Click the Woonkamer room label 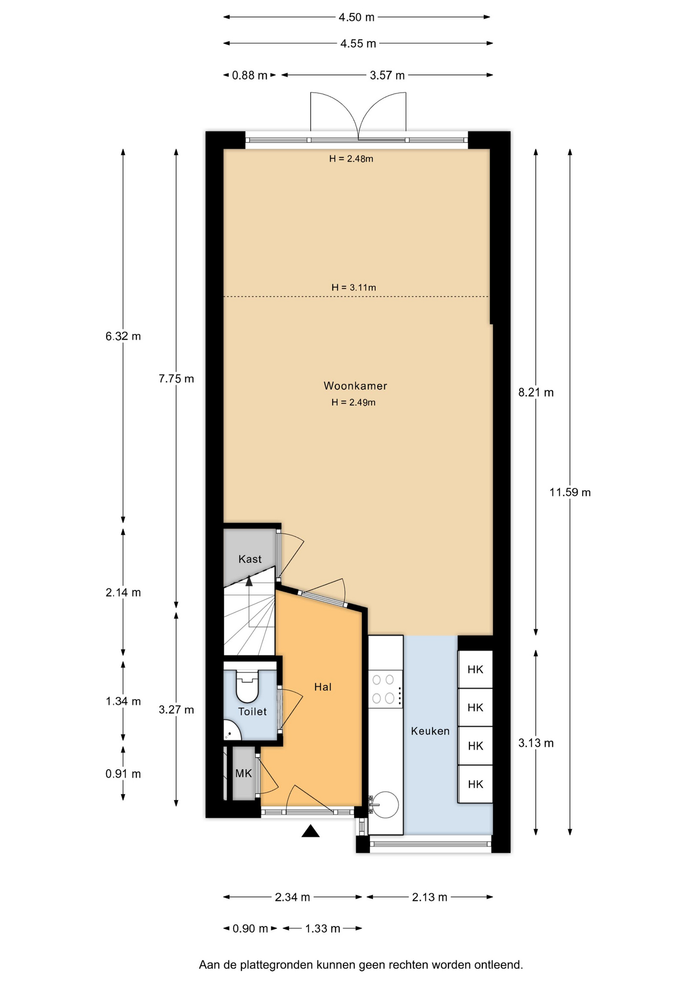[355, 385]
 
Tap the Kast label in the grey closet [250, 559]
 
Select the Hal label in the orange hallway [323, 687]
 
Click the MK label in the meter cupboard [243, 773]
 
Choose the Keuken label [430, 731]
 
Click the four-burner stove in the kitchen [385, 689]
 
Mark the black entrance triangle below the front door [311, 831]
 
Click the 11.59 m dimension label [570, 493]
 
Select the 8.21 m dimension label [536, 393]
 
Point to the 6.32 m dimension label [123, 336]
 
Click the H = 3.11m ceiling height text [354, 288]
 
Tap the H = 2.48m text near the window [351, 159]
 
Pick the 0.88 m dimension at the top [250, 75]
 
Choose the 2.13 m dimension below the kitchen [429, 897]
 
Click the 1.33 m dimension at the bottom [323, 928]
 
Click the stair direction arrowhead [249, 581]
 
